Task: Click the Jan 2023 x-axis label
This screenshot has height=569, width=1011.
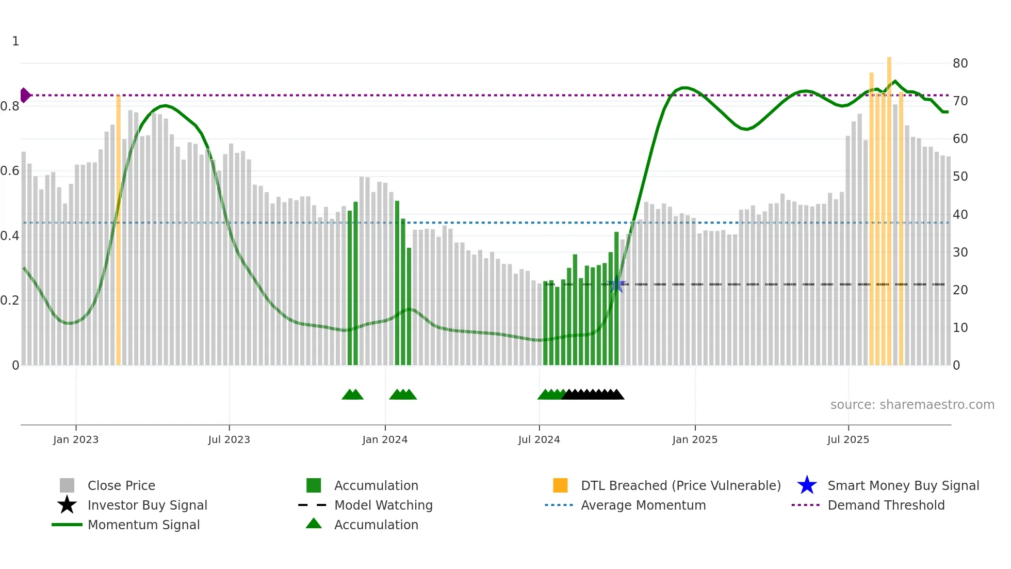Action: coord(76,439)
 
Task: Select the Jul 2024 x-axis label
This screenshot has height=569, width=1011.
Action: coord(539,439)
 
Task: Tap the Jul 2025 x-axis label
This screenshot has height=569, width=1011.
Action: coord(848,439)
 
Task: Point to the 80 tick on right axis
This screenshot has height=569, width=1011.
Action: coord(960,64)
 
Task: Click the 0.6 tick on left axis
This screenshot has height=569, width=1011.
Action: coord(10,171)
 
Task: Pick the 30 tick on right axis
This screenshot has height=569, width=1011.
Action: coord(960,252)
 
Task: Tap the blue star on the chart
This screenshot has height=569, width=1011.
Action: coord(616,284)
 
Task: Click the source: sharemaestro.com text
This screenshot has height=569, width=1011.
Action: coord(912,405)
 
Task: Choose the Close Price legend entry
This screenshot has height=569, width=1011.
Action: coord(121,485)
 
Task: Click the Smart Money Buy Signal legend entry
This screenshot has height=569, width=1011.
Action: coord(903,485)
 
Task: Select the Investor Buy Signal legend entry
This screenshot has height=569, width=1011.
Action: coord(147,505)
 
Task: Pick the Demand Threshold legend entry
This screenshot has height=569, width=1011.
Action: coord(886,505)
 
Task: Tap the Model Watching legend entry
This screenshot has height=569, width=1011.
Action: coord(383,505)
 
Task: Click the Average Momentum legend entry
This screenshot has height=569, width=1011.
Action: coord(643,505)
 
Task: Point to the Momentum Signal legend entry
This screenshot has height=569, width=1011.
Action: coord(143,525)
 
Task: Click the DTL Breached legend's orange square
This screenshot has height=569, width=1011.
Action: coord(560,485)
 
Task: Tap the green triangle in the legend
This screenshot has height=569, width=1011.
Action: coord(314,524)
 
